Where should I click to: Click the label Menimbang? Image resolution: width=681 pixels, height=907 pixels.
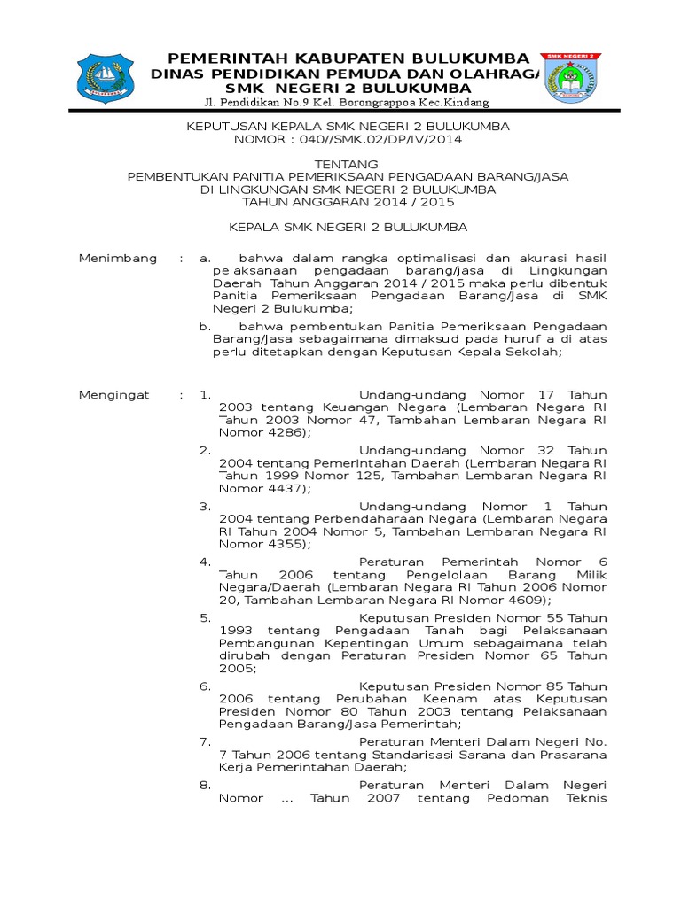pos(118,258)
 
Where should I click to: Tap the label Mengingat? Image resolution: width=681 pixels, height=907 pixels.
pos(114,394)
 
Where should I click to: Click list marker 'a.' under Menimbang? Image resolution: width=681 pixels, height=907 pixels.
pos(205,258)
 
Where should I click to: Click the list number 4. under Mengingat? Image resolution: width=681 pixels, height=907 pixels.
pos(204,562)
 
